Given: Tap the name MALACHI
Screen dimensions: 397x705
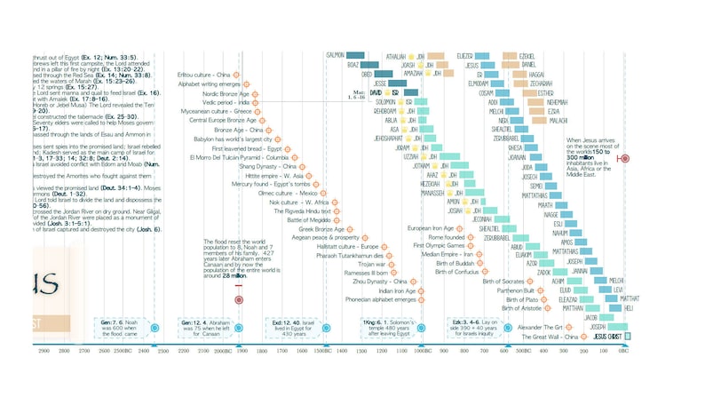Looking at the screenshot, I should tap(558, 120).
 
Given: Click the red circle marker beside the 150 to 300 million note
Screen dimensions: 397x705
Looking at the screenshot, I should tap(624, 158).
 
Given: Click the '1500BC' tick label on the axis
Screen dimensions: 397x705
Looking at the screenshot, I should tap(321, 353).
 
